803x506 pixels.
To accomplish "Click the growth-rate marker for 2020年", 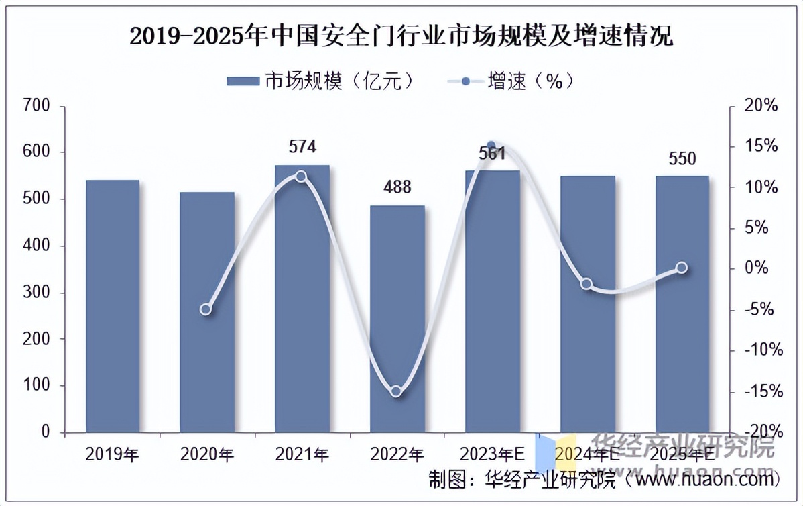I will tap(206, 309).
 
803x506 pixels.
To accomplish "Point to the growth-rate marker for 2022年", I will tap(396, 391).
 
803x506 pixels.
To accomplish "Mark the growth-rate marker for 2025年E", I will tap(682, 268).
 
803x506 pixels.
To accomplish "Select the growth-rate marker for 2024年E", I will tap(586, 284).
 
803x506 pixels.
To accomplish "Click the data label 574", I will tap(302, 147).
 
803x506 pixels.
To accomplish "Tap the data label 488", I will tap(397, 187).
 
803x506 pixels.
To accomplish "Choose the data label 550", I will tap(682, 159).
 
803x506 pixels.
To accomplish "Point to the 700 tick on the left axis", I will tap(36, 105).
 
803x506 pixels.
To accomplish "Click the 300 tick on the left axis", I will tap(36, 293).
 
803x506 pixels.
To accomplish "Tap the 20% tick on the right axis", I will tap(761, 105).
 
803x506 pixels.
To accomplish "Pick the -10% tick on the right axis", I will tap(761, 350).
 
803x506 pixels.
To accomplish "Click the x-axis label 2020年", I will tap(207, 455).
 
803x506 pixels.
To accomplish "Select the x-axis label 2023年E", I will tap(492, 455).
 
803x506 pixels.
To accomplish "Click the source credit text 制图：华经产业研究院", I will tap(522, 480).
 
